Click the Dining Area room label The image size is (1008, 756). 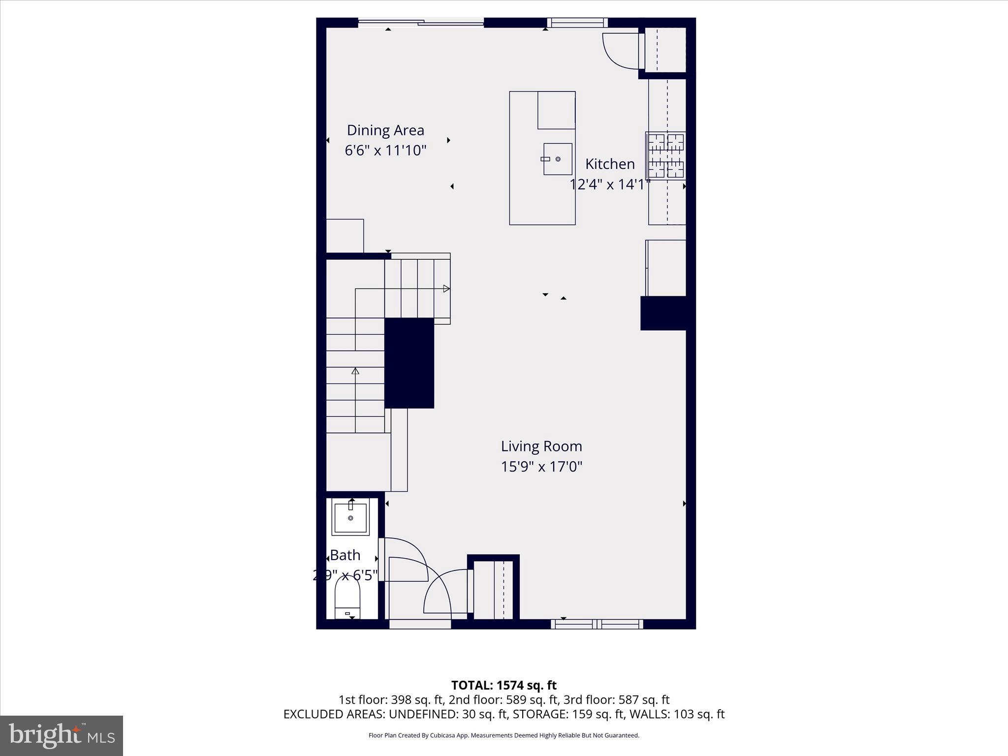point(385,130)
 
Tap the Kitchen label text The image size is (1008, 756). point(610,164)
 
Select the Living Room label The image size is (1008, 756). point(541,446)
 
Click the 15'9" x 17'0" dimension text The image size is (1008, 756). point(541,467)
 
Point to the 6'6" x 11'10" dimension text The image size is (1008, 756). point(385,151)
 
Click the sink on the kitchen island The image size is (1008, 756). point(558,159)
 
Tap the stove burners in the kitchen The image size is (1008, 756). point(665,156)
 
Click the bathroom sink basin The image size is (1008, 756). point(350,518)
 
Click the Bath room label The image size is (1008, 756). point(345,555)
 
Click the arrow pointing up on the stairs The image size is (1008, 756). point(355,371)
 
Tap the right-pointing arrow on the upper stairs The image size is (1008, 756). point(446,289)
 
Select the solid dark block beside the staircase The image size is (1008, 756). point(409,363)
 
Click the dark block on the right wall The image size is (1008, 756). point(663,313)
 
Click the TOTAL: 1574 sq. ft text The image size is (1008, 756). point(504,685)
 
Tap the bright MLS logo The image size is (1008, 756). point(62,735)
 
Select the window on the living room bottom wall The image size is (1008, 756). point(597,624)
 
